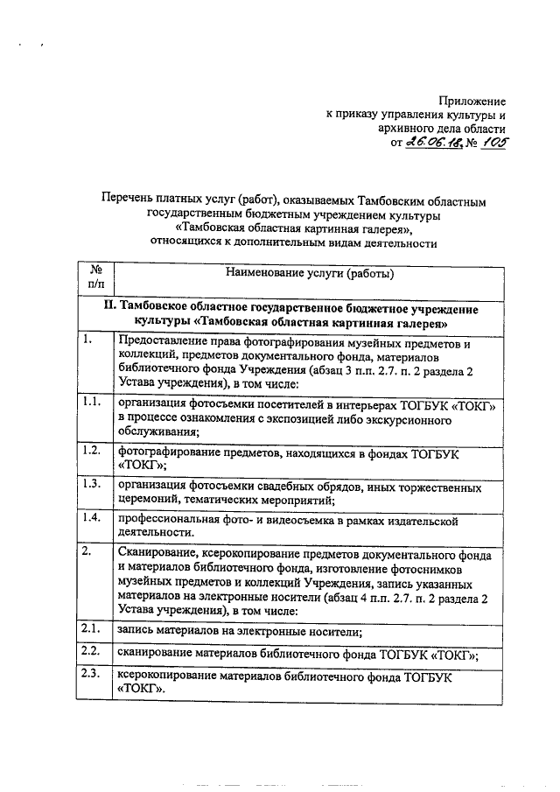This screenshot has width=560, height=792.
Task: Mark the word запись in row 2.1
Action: (x=138, y=630)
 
